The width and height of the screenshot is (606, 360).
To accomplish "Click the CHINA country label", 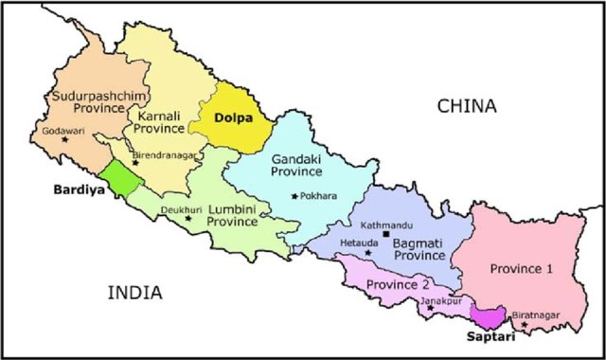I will tap(466, 107).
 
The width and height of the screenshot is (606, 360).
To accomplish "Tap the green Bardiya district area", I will tap(120, 179).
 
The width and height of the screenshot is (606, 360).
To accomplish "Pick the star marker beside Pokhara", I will tap(295, 196).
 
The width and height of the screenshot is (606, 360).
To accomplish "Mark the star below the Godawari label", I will tap(65, 140).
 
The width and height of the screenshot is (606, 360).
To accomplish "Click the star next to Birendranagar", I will tap(135, 162).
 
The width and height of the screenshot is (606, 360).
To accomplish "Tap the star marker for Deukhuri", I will tap(187, 218).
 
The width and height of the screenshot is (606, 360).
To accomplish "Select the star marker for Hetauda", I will tap(368, 254).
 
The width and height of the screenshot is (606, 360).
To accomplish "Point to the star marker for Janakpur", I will tap(430, 308).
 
